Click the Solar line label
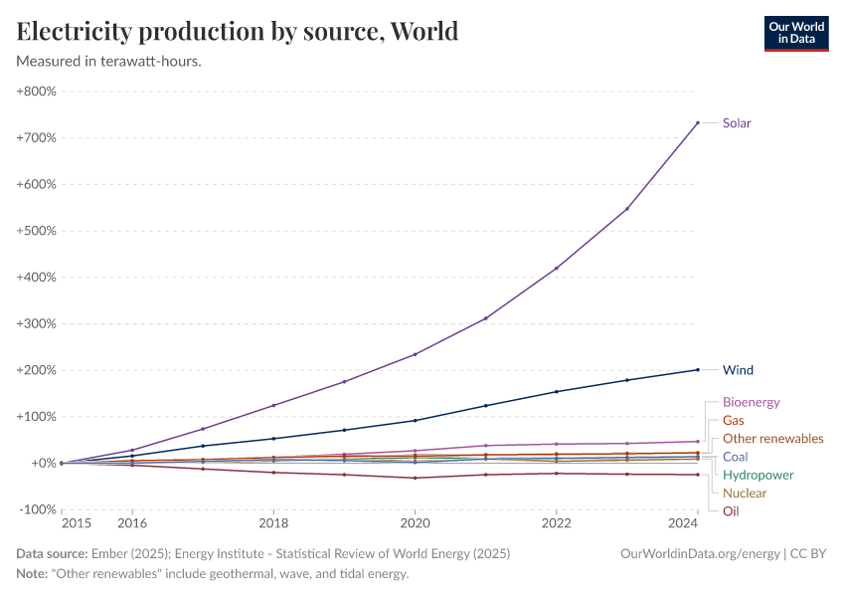[737, 123]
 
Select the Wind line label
[738, 370]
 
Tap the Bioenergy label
[751, 403]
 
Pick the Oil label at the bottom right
[731, 511]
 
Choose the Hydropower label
[758, 476]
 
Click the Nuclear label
[745, 494]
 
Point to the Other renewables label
[772, 439]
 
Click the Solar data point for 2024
[698, 122]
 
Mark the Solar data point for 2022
[557, 268]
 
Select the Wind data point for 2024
[698, 370]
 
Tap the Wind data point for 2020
[415, 420]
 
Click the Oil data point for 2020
[415, 478]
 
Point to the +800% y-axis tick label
[36, 92]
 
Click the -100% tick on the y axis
[37, 509]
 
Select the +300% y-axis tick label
[36, 323]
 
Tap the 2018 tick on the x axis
[273, 522]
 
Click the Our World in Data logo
[795, 32]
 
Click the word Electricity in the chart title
[77, 31]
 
